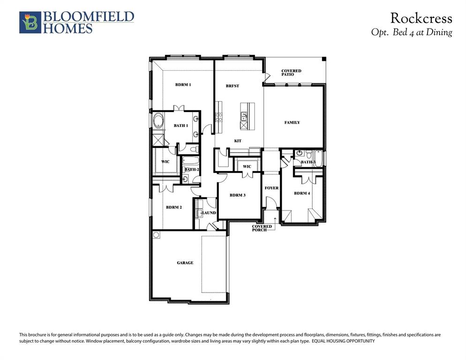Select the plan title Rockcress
tap(421, 18)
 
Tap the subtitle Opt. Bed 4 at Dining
tap(411, 32)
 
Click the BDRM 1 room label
tap(183, 85)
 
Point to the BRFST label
tap(232, 86)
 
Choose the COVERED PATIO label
tap(291, 73)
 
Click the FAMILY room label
tap(292, 122)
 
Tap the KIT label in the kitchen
tap(238, 141)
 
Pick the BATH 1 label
tap(180, 126)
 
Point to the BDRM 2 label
tap(173, 207)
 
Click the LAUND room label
tap(209, 213)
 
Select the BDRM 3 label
tap(238, 195)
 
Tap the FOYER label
tap(271, 188)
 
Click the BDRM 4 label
tap(301, 193)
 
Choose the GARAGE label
tap(185, 263)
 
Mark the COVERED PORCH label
tap(262, 228)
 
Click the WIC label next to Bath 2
tap(165, 162)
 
